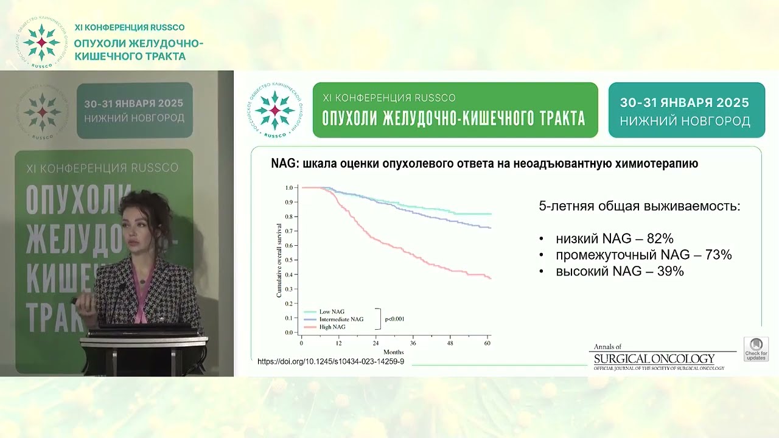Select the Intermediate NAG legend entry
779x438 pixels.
(341, 319)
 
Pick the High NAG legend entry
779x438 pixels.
(332, 327)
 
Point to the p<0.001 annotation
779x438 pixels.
(394, 319)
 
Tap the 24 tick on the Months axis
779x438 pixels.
(376, 344)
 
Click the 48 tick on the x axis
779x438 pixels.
(450, 344)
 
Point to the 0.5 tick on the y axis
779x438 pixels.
(289, 260)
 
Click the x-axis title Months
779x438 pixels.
(393, 352)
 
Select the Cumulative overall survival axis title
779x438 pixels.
(279, 260)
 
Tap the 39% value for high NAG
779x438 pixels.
(670, 271)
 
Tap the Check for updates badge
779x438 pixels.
(756, 349)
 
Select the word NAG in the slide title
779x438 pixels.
(282, 164)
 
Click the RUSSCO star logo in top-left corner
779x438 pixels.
(41, 43)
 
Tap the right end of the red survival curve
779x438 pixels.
(490, 278)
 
